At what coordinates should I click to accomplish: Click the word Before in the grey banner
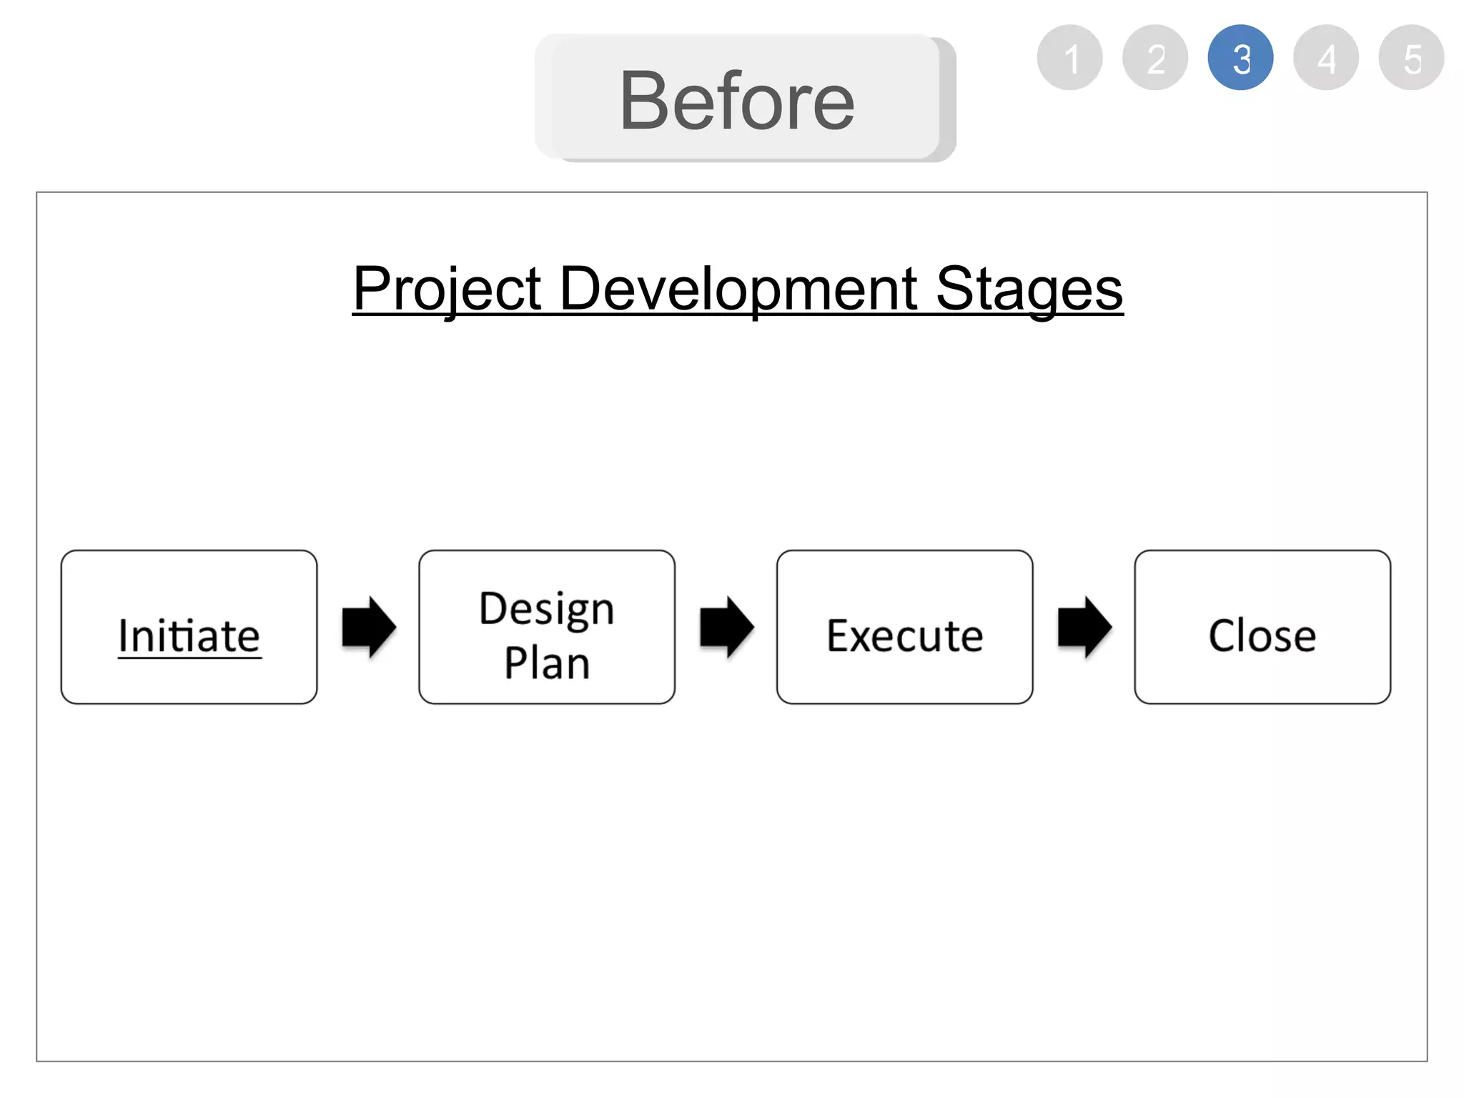[737, 102]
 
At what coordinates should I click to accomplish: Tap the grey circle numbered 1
[1069, 58]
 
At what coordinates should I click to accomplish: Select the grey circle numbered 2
[1155, 58]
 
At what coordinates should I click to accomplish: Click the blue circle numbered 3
[1240, 58]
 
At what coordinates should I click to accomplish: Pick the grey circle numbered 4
[1326, 58]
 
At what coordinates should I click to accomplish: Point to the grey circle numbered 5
[1411, 58]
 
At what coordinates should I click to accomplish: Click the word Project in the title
[447, 289]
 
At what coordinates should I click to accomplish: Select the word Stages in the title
[1029, 289]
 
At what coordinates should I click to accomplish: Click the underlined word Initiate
[189, 635]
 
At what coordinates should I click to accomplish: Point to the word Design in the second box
[547, 609]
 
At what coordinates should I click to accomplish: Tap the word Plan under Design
[547, 663]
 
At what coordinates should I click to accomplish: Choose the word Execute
[905, 635]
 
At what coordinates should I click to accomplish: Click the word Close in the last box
[1262, 635]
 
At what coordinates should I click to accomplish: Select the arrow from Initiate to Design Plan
[369, 627]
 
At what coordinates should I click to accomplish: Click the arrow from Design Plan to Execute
[726, 627]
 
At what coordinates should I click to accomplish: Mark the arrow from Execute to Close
[1084, 627]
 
